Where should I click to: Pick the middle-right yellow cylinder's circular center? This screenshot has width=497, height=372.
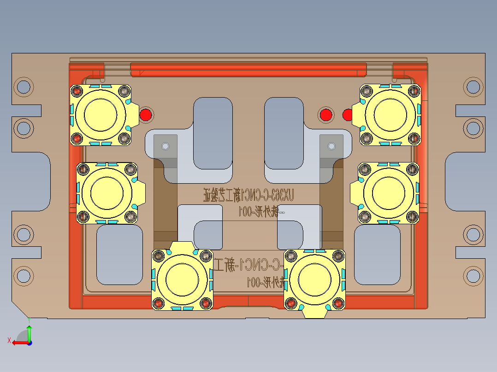[x=386, y=192]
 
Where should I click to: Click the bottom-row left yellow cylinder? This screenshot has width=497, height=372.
[x=182, y=280]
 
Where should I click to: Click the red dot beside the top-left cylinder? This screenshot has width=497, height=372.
[x=146, y=115]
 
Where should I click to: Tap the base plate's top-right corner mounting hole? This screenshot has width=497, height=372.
[x=473, y=86]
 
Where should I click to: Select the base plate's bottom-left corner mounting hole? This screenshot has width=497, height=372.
[x=23, y=275]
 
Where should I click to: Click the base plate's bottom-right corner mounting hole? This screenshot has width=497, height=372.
[x=473, y=275]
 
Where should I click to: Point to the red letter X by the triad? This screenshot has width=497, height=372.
[x=9, y=340]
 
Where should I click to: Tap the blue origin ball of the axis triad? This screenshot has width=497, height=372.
[x=29, y=342]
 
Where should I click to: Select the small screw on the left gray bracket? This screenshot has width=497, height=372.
[x=165, y=146]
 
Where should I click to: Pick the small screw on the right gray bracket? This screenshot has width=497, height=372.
[x=331, y=146]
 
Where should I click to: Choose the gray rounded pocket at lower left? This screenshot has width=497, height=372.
[x=119, y=254]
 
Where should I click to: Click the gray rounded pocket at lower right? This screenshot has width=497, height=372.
[x=377, y=254]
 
